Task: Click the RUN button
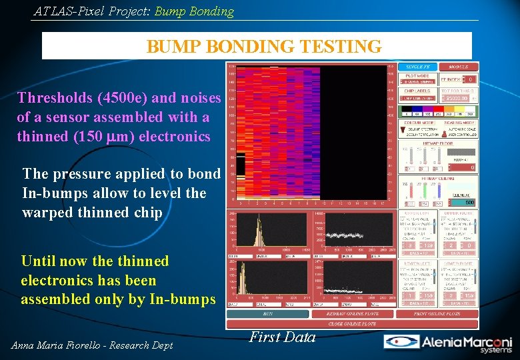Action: point(267,313)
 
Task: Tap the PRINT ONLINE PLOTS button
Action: point(437,313)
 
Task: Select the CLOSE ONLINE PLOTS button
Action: point(352,323)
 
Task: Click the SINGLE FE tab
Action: point(417,67)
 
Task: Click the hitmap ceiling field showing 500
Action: point(468,203)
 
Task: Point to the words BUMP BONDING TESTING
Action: point(264,47)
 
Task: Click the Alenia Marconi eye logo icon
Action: point(400,342)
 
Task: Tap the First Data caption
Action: point(282,337)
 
